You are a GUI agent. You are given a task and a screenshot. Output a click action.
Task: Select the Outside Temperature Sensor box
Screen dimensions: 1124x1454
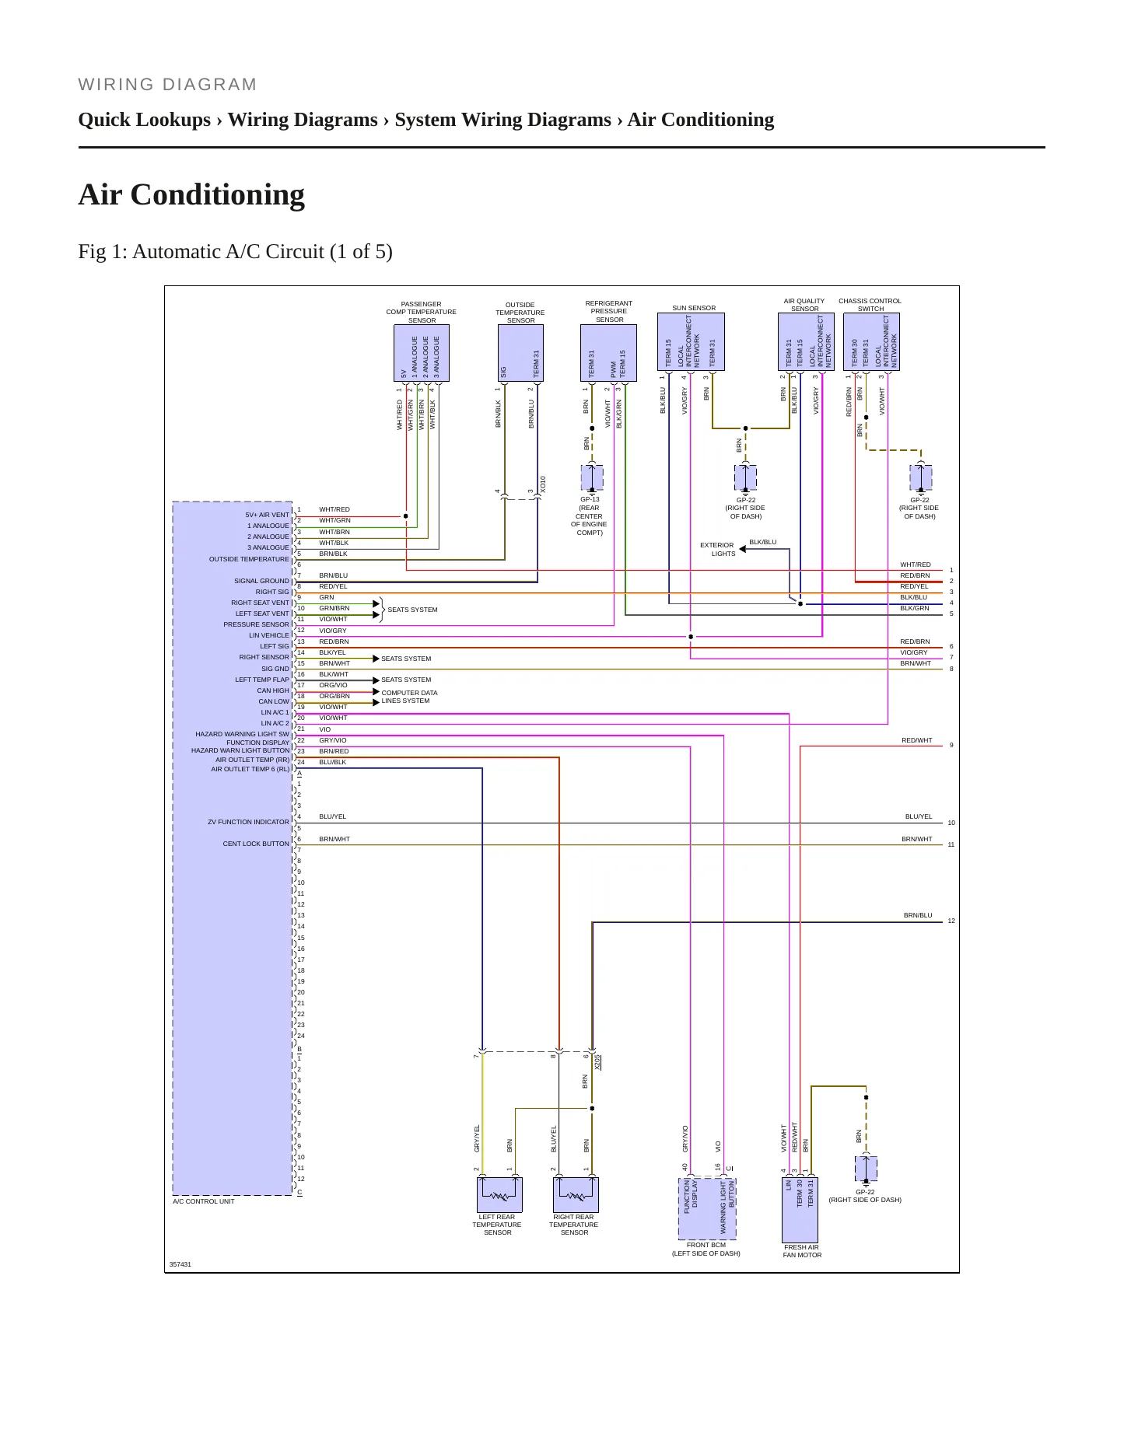(x=520, y=353)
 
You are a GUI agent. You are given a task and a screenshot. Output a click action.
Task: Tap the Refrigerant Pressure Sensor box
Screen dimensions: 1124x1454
(x=608, y=353)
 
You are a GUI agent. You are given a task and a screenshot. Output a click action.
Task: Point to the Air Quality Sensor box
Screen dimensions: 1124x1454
(x=806, y=342)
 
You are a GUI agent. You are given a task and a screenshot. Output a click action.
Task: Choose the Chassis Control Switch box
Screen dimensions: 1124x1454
(x=871, y=342)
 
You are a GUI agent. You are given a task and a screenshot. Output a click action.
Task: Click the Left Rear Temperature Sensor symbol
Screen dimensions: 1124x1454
(x=499, y=1194)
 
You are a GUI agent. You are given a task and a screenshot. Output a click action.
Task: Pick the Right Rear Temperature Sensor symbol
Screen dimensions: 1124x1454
(x=576, y=1194)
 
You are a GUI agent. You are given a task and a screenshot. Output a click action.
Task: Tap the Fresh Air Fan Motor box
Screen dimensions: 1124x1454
(x=800, y=1210)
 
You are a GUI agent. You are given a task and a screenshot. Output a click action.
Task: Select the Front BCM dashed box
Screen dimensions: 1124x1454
(x=707, y=1208)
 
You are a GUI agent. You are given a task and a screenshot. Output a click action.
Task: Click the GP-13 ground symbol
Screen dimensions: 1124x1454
(x=592, y=477)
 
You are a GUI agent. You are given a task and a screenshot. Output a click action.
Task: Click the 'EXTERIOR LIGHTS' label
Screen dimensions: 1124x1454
(x=717, y=550)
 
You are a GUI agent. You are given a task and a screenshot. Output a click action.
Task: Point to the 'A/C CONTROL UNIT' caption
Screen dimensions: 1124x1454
(x=204, y=1201)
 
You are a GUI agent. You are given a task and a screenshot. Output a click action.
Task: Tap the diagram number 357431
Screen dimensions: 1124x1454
(x=180, y=1264)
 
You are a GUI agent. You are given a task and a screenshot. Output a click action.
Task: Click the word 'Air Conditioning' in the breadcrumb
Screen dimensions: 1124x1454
(x=701, y=120)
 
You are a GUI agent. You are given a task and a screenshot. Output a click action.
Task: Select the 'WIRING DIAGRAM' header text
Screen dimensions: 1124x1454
(x=167, y=85)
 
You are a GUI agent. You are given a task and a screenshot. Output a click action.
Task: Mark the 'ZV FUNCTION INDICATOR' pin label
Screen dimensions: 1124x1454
(x=248, y=822)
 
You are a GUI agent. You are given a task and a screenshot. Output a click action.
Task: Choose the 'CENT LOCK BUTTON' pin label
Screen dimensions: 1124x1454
(x=256, y=844)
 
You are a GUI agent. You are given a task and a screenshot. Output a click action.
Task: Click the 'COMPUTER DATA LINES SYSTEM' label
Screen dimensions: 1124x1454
(x=409, y=697)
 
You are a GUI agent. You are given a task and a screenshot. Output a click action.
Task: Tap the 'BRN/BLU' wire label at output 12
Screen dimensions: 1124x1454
(x=918, y=915)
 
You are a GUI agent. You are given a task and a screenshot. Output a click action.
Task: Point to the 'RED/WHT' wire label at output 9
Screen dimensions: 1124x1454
(x=917, y=740)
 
